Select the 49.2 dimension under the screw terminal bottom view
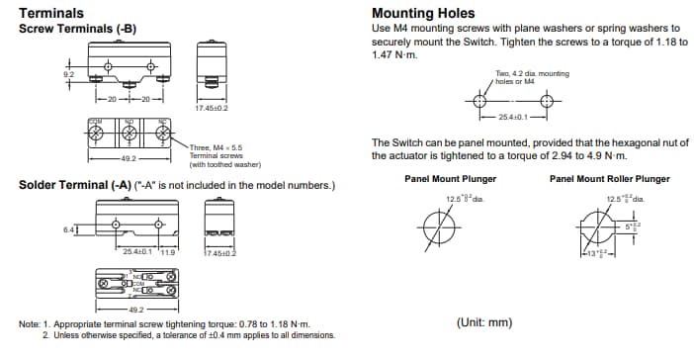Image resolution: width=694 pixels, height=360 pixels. (x=130, y=157)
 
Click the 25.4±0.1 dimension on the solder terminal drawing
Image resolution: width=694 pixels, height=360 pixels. (x=137, y=252)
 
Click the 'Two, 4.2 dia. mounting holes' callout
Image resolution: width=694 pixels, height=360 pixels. (x=532, y=77)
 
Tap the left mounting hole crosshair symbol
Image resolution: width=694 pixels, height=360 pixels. (x=480, y=102)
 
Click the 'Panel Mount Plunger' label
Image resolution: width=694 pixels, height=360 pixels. (x=450, y=179)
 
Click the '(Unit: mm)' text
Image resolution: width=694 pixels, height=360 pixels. (x=484, y=322)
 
